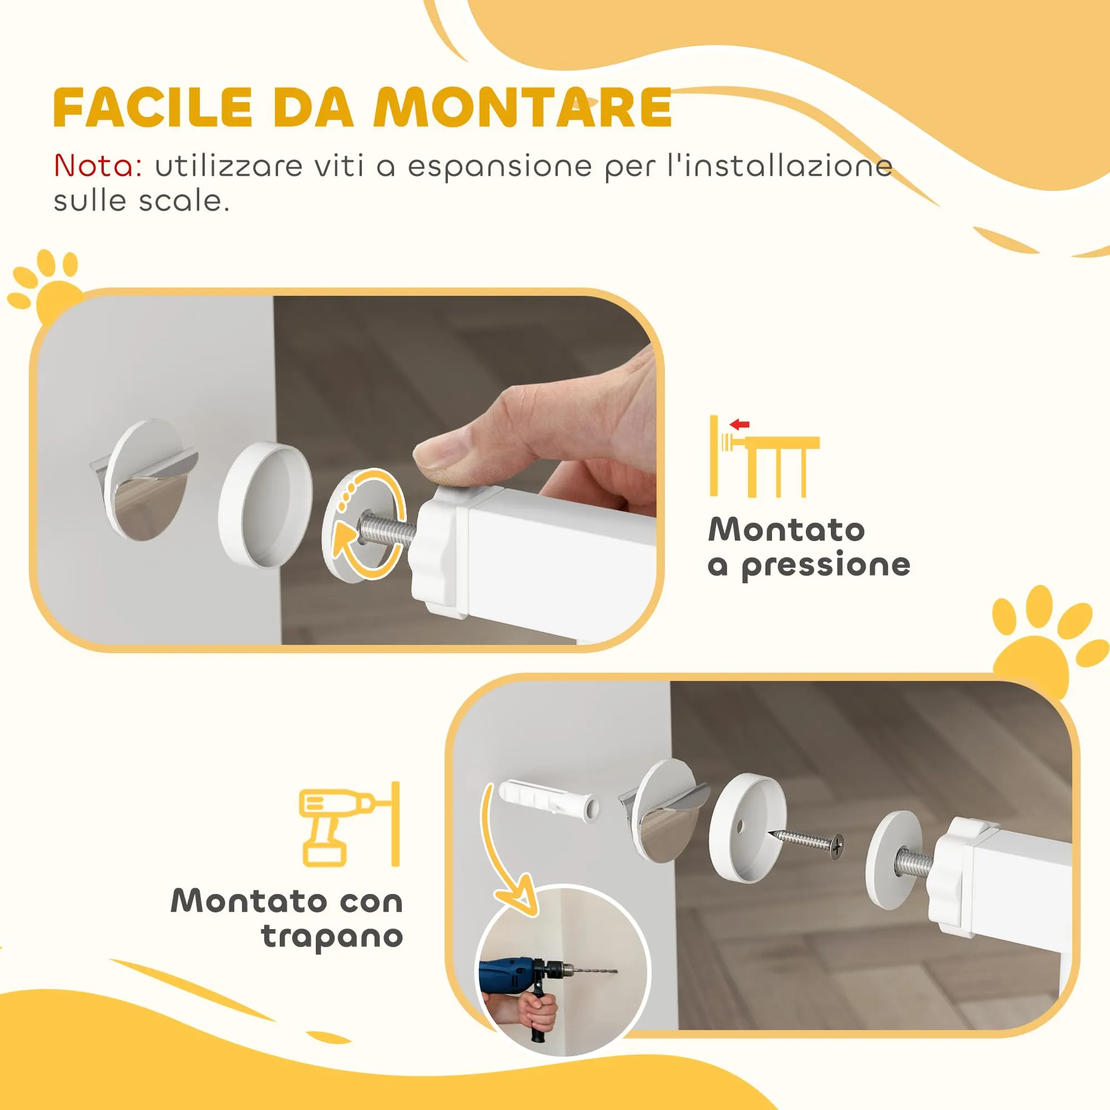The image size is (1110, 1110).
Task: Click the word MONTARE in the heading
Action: click(x=522, y=108)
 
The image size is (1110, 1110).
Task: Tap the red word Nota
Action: click(x=98, y=166)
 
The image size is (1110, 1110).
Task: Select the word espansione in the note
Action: click(x=500, y=167)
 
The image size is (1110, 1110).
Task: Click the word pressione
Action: click(x=826, y=566)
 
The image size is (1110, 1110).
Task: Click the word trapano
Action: click(x=331, y=937)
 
